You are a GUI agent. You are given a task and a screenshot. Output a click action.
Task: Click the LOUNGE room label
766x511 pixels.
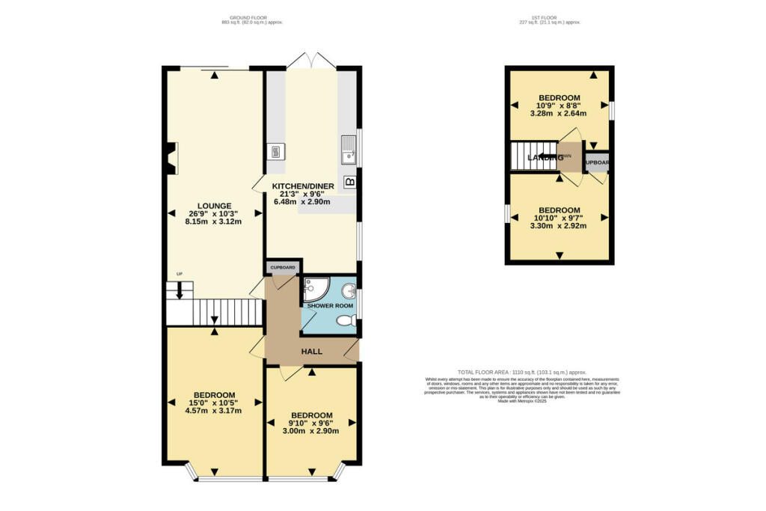[214, 206]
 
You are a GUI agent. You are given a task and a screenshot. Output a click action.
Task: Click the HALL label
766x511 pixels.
[312, 351]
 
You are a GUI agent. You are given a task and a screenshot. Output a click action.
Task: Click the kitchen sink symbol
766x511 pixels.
[348, 150]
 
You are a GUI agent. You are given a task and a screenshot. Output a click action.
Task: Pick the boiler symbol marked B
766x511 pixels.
[349, 182]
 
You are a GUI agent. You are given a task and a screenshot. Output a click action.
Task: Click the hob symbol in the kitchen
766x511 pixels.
[274, 152]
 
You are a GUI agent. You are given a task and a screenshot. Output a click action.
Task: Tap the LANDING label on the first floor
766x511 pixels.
[544, 158]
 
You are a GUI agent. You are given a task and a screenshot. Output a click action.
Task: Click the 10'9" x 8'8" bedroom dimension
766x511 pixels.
[559, 106]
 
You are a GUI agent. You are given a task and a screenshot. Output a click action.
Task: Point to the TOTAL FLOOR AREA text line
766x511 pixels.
[521, 372]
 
